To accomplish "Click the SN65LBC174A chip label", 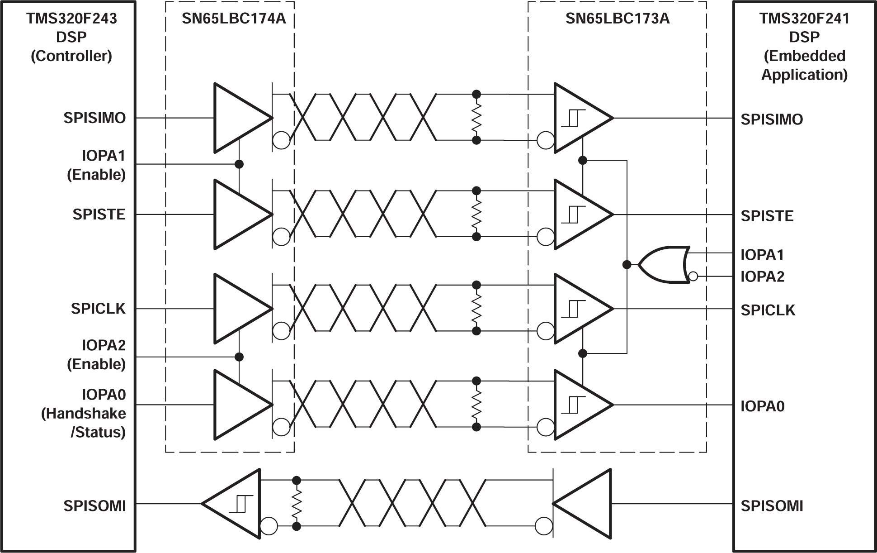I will (234, 19).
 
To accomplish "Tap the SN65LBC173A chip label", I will (617, 19).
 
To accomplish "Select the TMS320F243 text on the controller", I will (71, 19).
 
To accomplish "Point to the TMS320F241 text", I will (804, 19).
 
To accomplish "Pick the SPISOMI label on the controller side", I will (94, 505).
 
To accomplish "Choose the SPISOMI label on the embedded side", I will (772, 505).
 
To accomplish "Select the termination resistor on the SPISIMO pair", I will (476, 118).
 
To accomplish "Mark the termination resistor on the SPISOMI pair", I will (297, 503).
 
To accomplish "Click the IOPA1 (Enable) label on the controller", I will (96, 165).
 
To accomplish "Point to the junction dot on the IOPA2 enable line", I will (239, 357).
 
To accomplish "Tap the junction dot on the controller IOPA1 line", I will (239, 164).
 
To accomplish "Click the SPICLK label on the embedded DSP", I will (768, 310).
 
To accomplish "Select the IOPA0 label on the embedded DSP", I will (762, 406).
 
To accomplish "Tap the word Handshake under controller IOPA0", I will (84, 414).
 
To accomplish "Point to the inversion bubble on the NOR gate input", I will (693, 276).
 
